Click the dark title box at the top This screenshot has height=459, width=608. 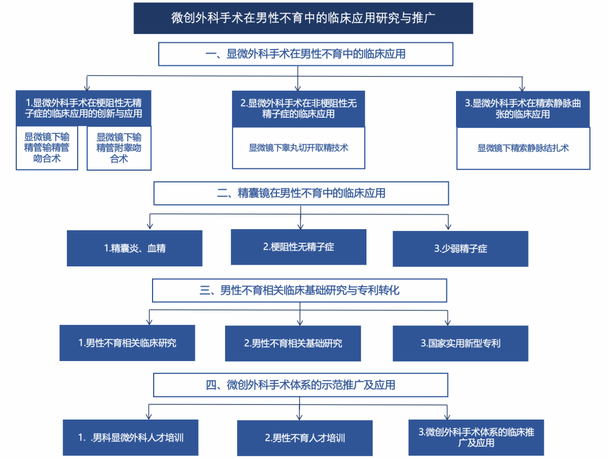pyautogui.click(x=303, y=18)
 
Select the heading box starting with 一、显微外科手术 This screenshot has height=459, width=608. pyautogui.click(x=306, y=55)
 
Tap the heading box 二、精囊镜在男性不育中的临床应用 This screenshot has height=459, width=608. pyautogui.click(x=301, y=193)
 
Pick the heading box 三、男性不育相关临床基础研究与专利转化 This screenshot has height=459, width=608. pyautogui.click(x=299, y=291)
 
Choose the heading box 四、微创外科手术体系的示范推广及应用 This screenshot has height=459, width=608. pyautogui.click(x=301, y=385)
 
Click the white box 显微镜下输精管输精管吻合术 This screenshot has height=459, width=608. pyautogui.click(x=47, y=148)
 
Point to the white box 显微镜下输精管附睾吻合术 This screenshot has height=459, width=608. pyautogui.click(x=119, y=148)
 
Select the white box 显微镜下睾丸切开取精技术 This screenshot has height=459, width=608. pyautogui.click(x=298, y=148)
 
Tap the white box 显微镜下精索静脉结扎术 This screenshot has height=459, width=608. pyautogui.click(x=523, y=148)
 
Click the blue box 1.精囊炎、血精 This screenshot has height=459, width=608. pyautogui.click(x=135, y=248)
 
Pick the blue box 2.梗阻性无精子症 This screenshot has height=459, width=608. pyautogui.click(x=298, y=247)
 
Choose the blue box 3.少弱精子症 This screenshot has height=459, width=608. pyautogui.click(x=461, y=248)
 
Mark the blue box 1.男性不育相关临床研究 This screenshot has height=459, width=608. pyautogui.click(x=127, y=342)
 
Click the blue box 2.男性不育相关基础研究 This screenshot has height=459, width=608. pyautogui.click(x=293, y=343)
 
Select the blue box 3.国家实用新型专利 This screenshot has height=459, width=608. pyautogui.click(x=461, y=343)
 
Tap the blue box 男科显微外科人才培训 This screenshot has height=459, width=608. pyautogui.click(x=131, y=438)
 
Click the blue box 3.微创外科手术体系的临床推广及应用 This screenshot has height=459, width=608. pyautogui.click(x=476, y=437)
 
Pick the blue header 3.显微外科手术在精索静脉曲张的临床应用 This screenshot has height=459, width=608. pyautogui.click(x=523, y=109)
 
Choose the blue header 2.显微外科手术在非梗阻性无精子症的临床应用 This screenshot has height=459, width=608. pyautogui.click(x=298, y=109)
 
